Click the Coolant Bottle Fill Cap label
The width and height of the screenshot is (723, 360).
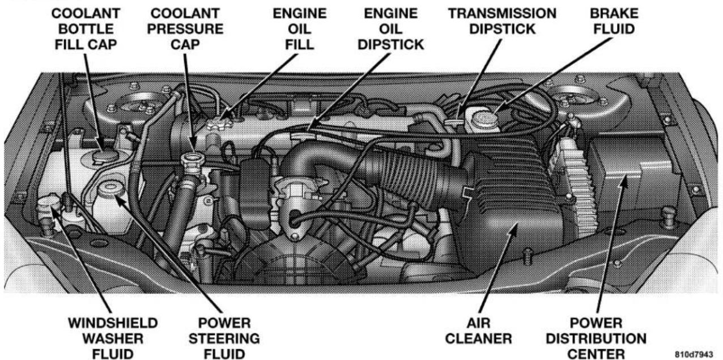point(86,29)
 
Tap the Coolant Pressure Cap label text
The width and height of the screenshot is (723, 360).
point(185,29)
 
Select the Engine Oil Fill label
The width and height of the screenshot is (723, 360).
point(300,29)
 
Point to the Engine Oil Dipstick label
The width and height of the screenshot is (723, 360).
point(391,29)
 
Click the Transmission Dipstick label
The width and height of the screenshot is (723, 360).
point(502,22)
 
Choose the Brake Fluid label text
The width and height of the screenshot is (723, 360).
point(614,22)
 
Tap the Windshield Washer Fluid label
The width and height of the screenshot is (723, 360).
point(113,338)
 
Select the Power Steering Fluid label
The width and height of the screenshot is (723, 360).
point(224,338)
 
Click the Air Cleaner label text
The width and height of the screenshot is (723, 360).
point(479,331)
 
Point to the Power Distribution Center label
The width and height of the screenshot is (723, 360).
point(596,338)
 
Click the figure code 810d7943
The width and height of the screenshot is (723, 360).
point(694,354)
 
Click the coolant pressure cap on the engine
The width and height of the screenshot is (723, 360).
point(193,159)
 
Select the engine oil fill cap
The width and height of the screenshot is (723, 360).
point(220,124)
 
